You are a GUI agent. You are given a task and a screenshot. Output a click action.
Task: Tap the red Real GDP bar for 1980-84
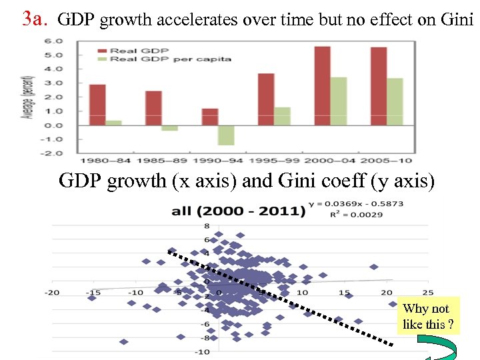click(x=97, y=105)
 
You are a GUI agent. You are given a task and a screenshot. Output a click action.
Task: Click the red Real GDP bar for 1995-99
click(x=266, y=99)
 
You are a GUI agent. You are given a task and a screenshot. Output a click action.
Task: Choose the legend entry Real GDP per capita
click(x=170, y=59)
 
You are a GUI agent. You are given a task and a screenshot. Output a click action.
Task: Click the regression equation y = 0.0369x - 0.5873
click(x=356, y=203)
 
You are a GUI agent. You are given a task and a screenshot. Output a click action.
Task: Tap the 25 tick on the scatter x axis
click(x=427, y=292)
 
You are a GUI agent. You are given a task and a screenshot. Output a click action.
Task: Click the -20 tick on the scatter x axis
click(x=52, y=292)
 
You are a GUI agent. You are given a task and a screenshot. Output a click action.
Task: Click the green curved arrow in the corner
click(x=441, y=349)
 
